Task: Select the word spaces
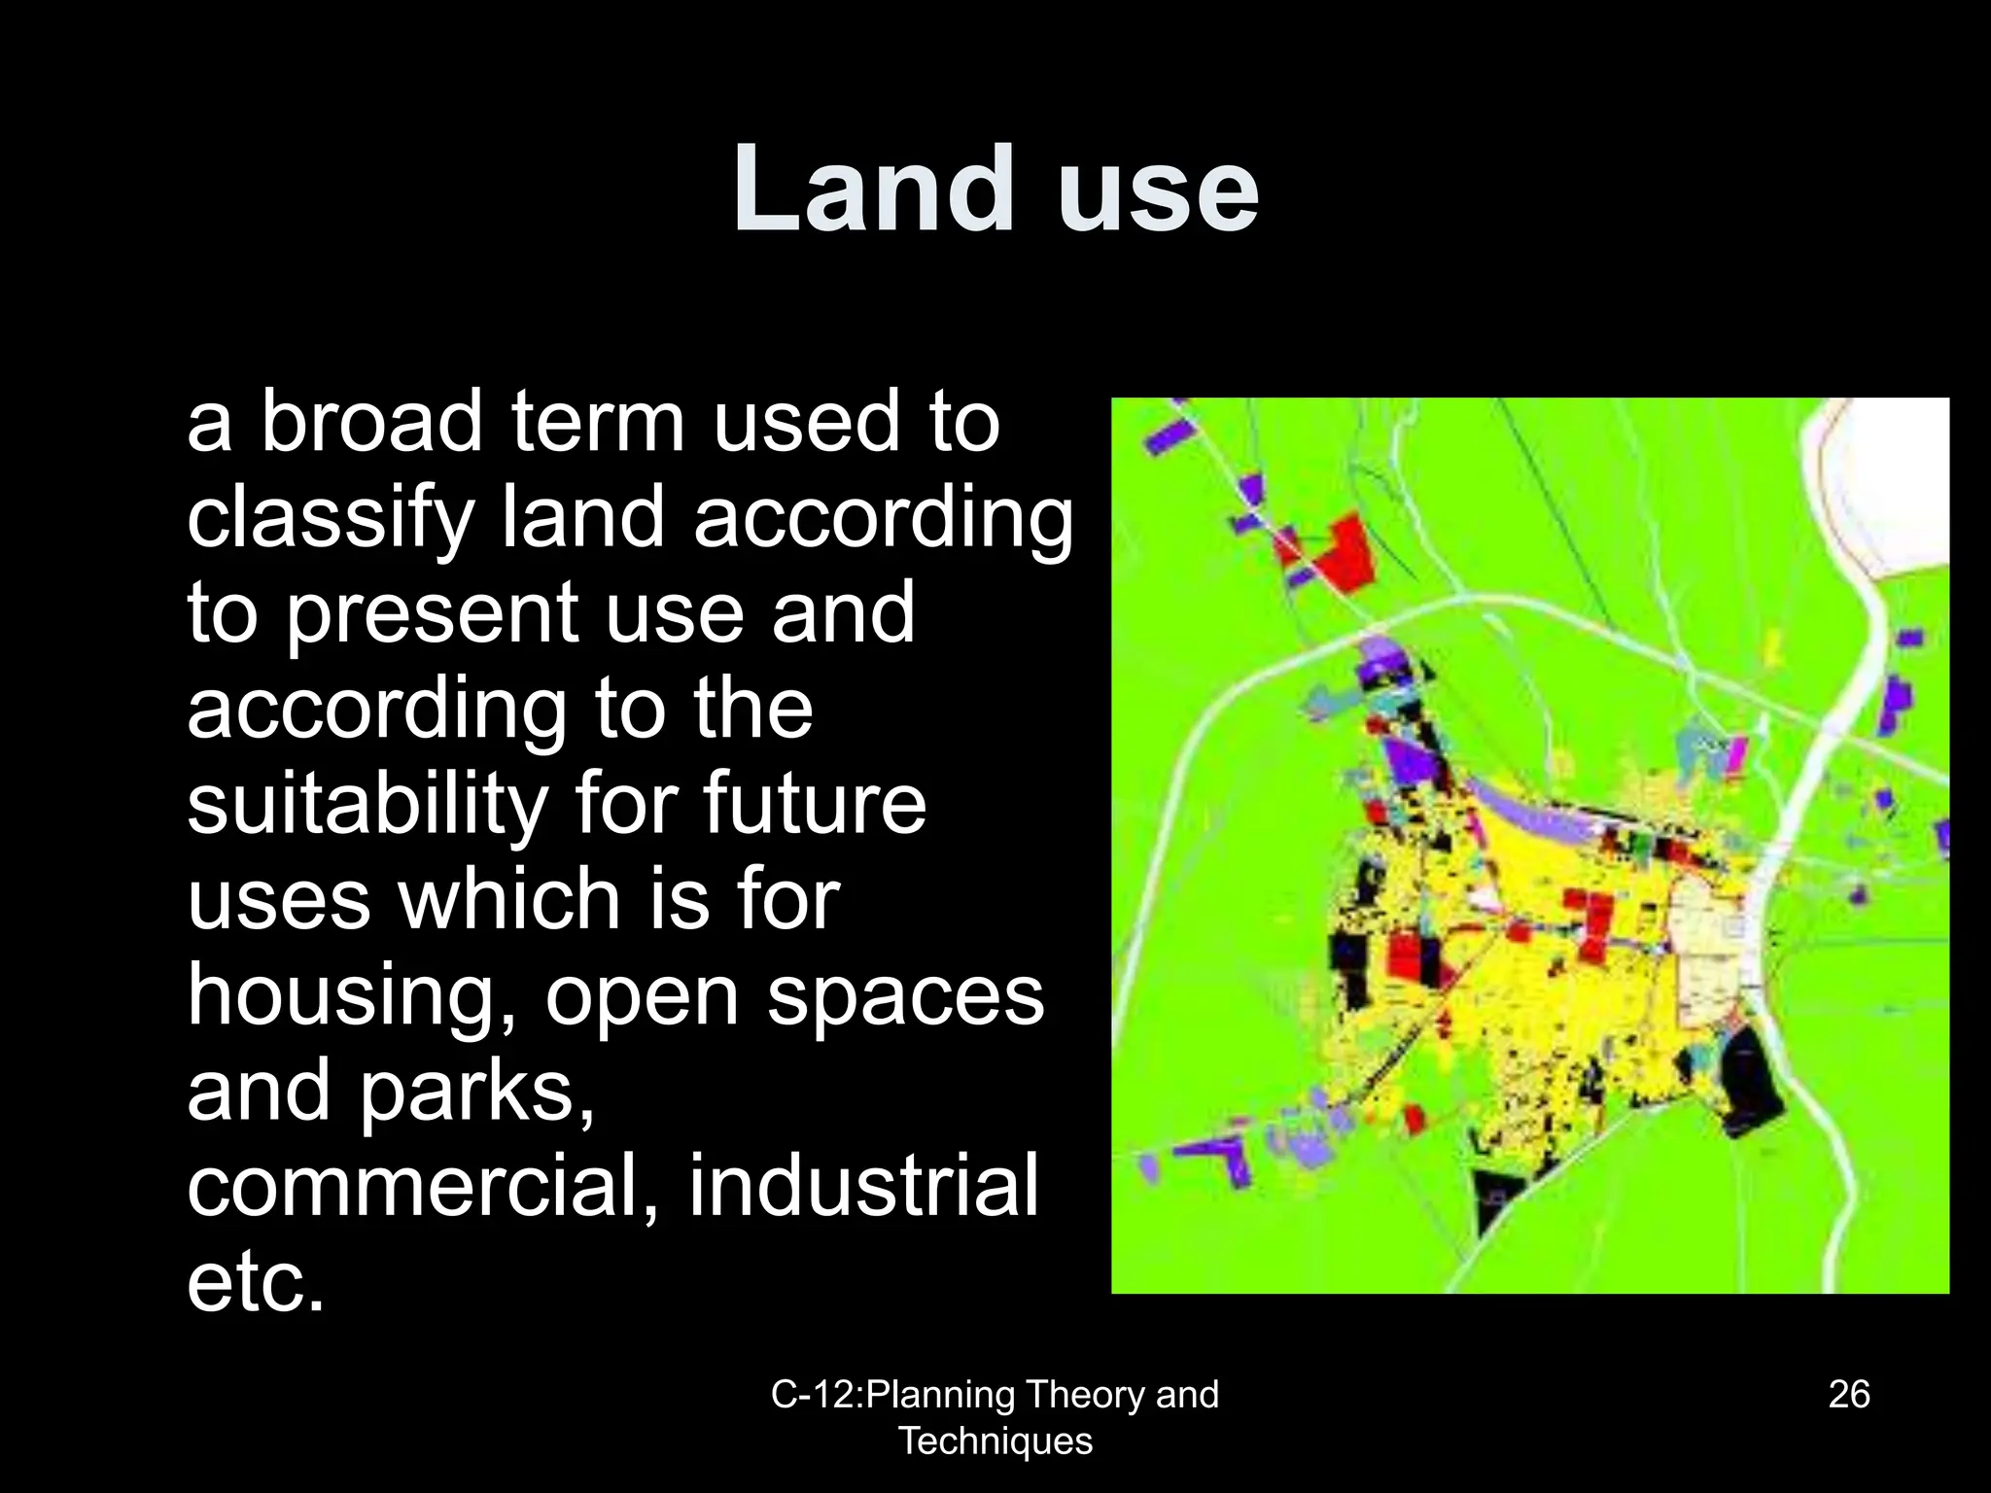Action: [905, 997]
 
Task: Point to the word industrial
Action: [863, 1186]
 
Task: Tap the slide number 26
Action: [1848, 1394]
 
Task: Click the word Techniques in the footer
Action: [995, 1441]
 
